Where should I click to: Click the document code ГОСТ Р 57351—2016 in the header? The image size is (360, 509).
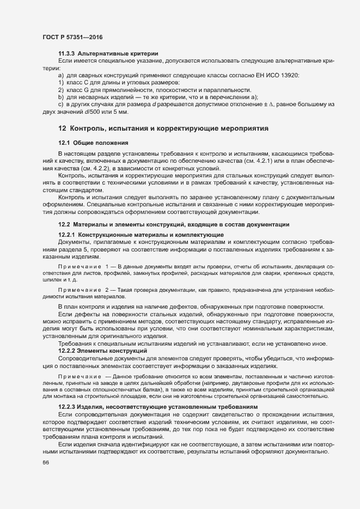coord(72,37)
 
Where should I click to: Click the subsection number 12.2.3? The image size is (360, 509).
coord(67,407)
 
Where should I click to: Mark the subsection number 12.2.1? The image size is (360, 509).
coord(67,234)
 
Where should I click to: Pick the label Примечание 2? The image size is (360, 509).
coord(83,291)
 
